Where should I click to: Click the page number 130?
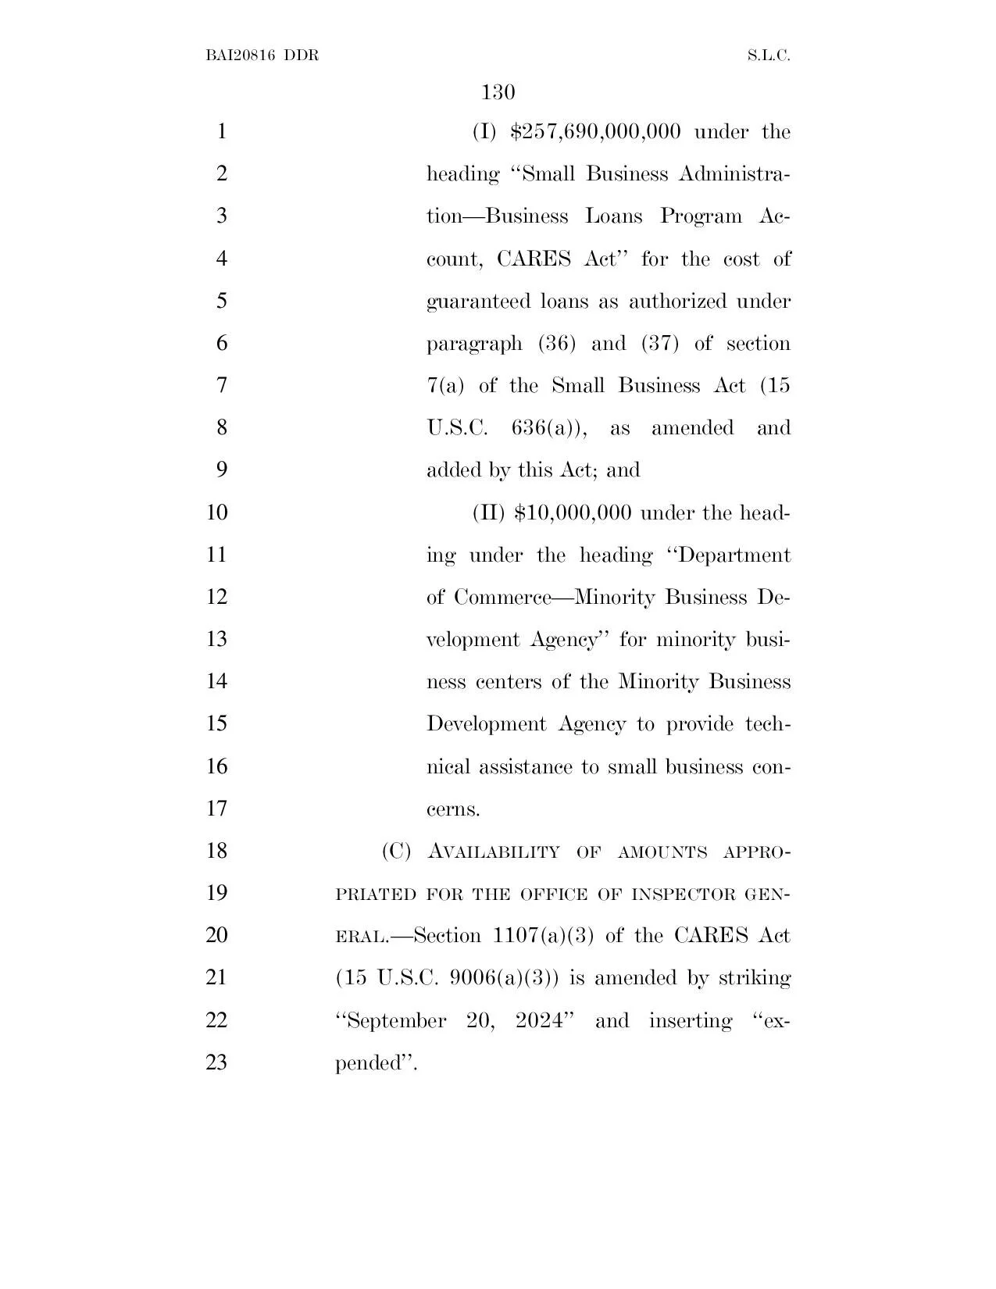[498, 93]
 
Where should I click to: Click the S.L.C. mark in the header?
[769, 56]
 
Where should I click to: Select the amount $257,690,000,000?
[594, 131]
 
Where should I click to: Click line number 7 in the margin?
[221, 386]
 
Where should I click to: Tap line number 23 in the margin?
[216, 1062]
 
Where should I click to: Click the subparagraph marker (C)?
[396, 852]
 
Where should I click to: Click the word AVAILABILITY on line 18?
[494, 852]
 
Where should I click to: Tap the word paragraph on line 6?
[474, 344]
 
